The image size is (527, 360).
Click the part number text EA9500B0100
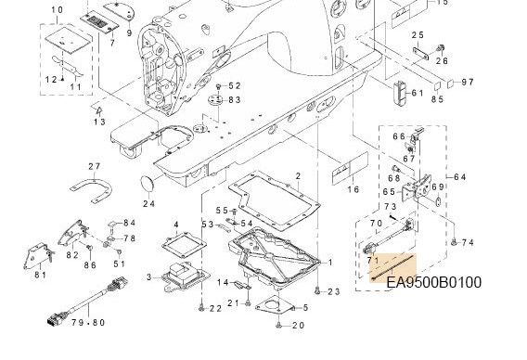point(434,282)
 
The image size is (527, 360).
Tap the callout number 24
point(148,203)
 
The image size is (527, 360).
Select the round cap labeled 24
point(147,185)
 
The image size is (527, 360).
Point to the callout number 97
point(468,82)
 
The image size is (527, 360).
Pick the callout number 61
point(418,93)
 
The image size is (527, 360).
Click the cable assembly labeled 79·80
point(88,301)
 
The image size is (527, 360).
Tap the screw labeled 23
point(317,291)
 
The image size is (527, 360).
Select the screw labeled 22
point(201,307)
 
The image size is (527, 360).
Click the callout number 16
point(353,189)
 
